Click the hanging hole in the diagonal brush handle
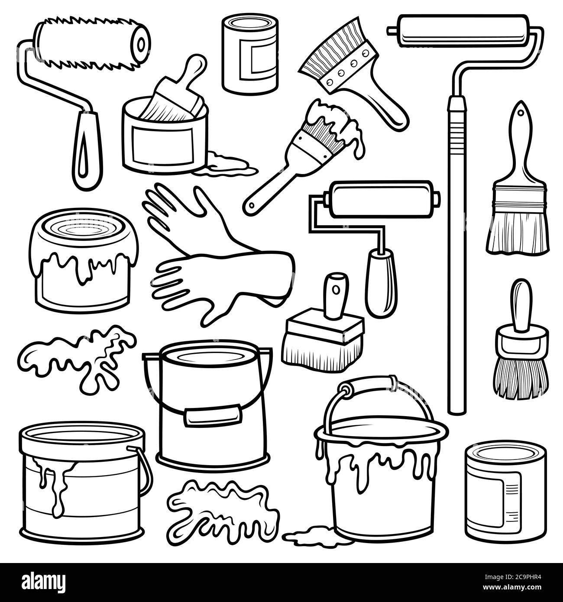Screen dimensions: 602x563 coord(251,204)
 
